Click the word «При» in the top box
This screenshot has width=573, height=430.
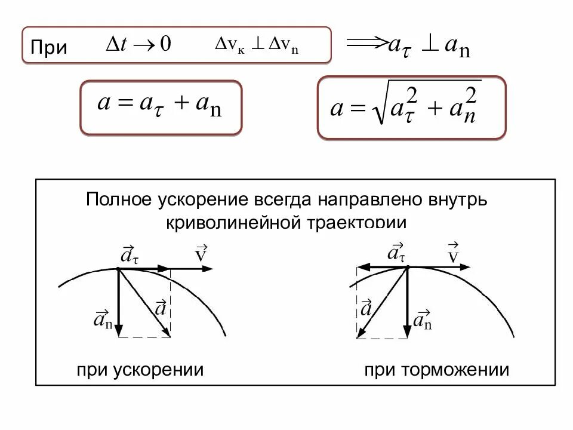(x=49, y=47)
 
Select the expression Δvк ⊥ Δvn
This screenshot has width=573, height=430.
(x=257, y=47)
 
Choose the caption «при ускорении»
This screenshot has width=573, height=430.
(x=140, y=370)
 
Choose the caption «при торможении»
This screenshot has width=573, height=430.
(x=437, y=370)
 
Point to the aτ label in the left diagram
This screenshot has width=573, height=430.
(x=130, y=256)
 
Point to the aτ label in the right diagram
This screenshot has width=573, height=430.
(x=396, y=253)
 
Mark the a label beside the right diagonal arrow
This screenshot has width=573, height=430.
(x=366, y=308)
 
